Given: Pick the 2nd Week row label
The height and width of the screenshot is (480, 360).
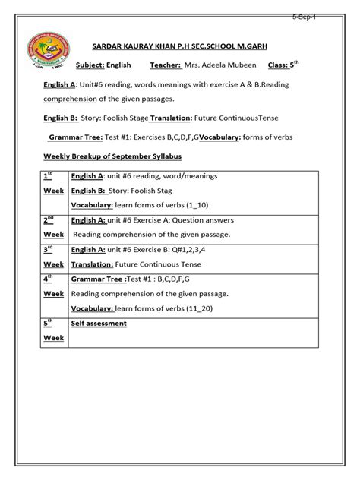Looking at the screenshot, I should (52, 228).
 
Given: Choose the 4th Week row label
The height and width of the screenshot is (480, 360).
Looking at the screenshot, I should (52, 286).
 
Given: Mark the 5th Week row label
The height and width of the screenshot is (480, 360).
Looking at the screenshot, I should (52, 331).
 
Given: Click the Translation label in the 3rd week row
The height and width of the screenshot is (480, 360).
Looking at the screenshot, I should (97, 265).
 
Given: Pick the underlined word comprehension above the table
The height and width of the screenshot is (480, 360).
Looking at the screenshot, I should (71, 99).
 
